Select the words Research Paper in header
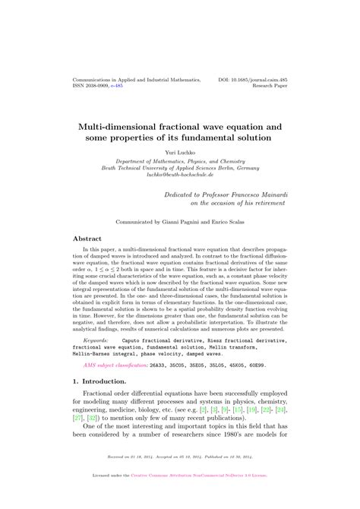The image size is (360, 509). (267, 86)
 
